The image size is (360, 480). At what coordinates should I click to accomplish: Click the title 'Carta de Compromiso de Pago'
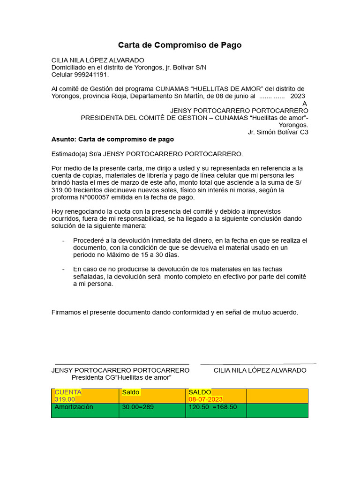(x=180, y=45)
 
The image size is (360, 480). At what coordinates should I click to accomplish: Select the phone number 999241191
(x=92, y=75)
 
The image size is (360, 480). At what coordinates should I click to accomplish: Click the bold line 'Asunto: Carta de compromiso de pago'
(x=112, y=139)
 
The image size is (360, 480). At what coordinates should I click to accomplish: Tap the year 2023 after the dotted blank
(x=298, y=96)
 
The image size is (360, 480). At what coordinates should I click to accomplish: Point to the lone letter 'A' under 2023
(x=305, y=104)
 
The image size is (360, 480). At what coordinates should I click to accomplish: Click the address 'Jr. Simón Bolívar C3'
(x=278, y=132)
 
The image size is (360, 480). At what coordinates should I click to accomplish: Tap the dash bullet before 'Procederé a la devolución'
(x=63, y=240)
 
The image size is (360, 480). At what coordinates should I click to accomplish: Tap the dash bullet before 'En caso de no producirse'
(x=63, y=269)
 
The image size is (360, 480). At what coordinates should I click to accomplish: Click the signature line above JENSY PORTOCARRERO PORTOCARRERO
(x=122, y=364)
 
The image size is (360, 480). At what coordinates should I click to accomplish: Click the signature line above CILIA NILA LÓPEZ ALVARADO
(x=258, y=364)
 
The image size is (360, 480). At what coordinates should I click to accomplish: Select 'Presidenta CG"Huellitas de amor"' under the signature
(x=121, y=377)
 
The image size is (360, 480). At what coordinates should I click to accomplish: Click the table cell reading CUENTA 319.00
(x=85, y=396)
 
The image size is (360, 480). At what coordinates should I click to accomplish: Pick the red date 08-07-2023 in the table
(x=205, y=399)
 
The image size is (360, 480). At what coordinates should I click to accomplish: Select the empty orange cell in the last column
(x=277, y=396)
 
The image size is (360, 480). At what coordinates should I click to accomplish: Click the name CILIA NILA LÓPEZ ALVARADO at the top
(x=98, y=60)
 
